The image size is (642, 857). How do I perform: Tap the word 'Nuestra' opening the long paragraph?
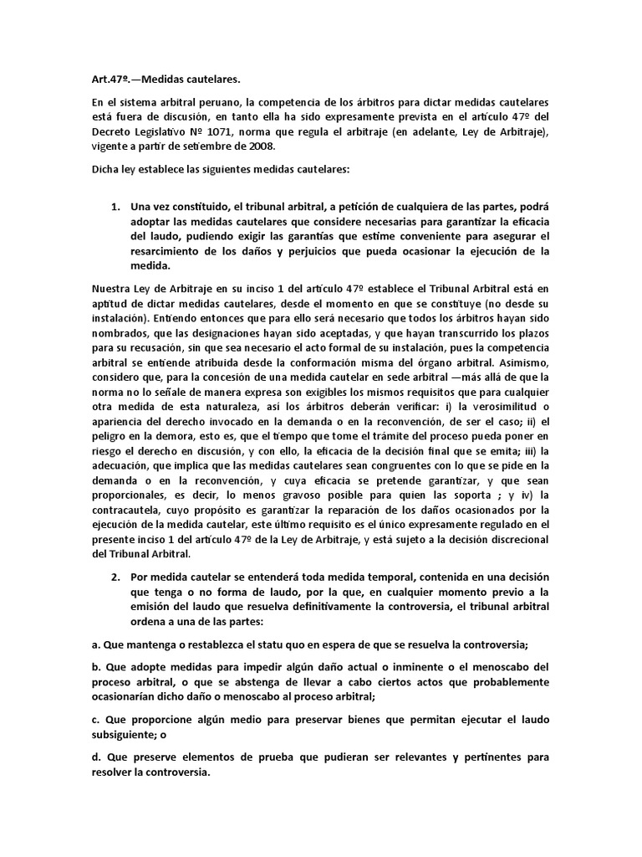click(114, 290)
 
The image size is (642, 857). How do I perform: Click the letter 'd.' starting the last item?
click(97, 757)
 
